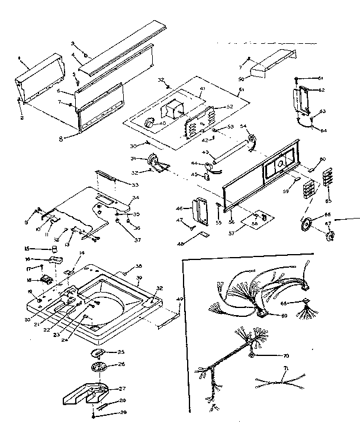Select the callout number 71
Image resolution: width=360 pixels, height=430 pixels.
point(285,368)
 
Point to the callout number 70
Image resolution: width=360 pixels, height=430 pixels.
point(285,356)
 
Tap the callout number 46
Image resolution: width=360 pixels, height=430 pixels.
point(179,208)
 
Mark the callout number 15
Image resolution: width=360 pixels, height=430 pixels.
point(25,249)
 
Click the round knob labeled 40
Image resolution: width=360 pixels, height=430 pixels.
point(149,123)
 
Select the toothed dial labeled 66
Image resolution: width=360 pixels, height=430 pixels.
point(307,225)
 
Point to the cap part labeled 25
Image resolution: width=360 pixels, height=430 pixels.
point(97,353)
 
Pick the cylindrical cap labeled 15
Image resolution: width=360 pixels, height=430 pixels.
point(55,249)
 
